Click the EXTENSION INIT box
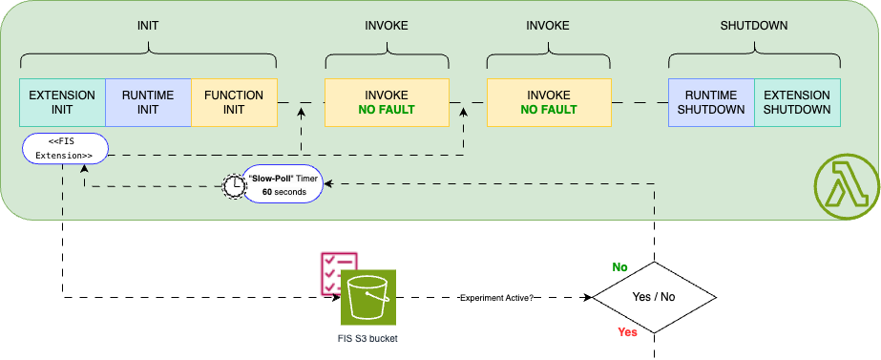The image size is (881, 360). [62, 102]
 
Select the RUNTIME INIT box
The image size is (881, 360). [148, 102]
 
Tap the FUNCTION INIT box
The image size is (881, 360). [234, 102]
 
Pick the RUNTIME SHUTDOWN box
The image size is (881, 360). [711, 102]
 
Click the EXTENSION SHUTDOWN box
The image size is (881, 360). [797, 102]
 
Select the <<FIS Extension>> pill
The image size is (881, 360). [64, 148]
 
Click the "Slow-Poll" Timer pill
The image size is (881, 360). [283, 184]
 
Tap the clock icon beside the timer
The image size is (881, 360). [234, 184]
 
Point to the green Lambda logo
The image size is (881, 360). [845, 182]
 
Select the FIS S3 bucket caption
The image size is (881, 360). [360, 338]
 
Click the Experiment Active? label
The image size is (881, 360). [496, 298]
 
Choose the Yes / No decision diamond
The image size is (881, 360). [654, 297]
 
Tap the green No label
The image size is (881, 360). [619, 267]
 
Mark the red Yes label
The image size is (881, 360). [627, 332]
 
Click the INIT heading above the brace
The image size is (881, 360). [148, 25]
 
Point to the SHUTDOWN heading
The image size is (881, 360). [754, 25]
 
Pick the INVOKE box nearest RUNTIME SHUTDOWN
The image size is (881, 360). [548, 102]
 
